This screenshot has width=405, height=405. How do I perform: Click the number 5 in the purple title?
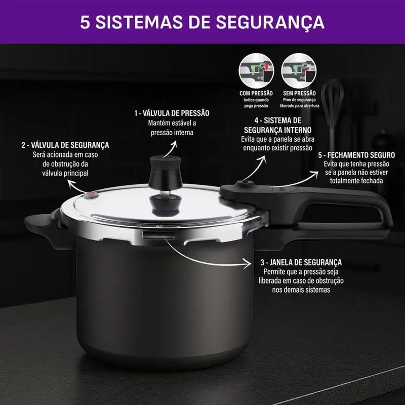click(x=85, y=22)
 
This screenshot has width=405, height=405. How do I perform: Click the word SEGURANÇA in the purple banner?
click(x=270, y=23)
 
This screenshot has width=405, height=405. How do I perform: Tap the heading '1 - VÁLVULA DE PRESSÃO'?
click(x=172, y=113)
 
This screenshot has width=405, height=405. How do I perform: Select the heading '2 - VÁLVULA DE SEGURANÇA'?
click(x=65, y=145)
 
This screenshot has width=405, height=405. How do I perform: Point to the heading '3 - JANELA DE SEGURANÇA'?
click(x=301, y=262)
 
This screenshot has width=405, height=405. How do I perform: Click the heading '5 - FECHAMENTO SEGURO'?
click(x=356, y=155)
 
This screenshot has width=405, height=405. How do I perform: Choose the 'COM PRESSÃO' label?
click(x=256, y=93)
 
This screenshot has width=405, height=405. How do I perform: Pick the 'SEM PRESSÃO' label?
click(x=299, y=93)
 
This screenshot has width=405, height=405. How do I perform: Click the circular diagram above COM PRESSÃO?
click(x=256, y=71)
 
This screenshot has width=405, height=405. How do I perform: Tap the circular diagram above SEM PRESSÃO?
click(x=299, y=71)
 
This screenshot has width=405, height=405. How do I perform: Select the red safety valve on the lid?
click(x=91, y=195)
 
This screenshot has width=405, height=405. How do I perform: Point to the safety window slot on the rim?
click(x=158, y=235)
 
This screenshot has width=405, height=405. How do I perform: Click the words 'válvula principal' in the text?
click(x=65, y=173)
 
